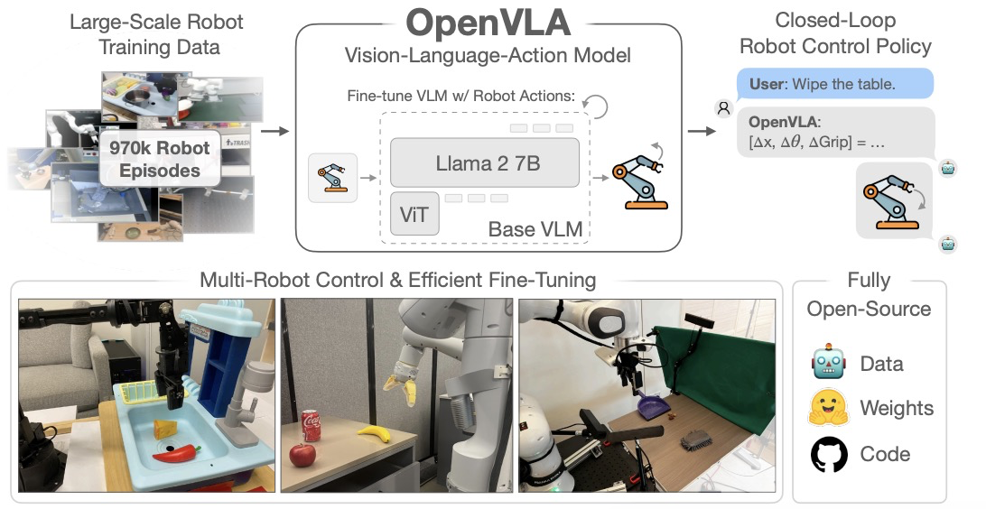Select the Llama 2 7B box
coord(485,163)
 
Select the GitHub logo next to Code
coord(828,454)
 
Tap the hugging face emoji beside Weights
coord(828,409)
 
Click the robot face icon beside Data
coord(828,364)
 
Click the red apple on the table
coord(302,454)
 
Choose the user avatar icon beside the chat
coord(722,108)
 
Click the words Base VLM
coord(534,229)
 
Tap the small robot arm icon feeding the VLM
coord(332,176)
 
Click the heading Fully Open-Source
coord(869,294)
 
